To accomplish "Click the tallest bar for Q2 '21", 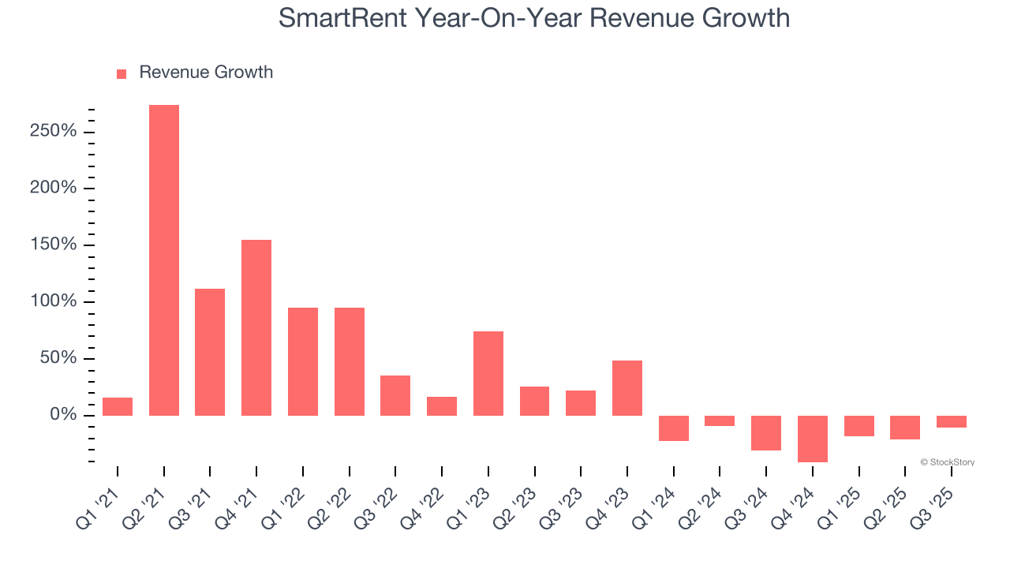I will click(164, 260).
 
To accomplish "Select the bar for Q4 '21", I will click(256, 327).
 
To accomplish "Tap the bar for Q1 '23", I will click(488, 373).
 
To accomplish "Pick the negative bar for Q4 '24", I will click(813, 439).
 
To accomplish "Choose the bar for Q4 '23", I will click(627, 388).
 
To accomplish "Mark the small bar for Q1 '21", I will click(118, 406).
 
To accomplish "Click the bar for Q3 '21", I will click(210, 352).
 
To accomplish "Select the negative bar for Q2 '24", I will click(720, 420).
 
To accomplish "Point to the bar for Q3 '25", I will click(952, 421).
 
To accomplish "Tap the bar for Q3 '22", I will click(395, 395).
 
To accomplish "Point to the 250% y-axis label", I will click(54, 131).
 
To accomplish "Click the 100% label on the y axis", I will click(54, 302).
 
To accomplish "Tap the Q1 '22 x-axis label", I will click(283, 505).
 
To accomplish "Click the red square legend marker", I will click(122, 74).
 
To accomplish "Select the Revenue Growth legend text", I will click(206, 73).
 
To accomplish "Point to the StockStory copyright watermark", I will click(947, 462).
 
